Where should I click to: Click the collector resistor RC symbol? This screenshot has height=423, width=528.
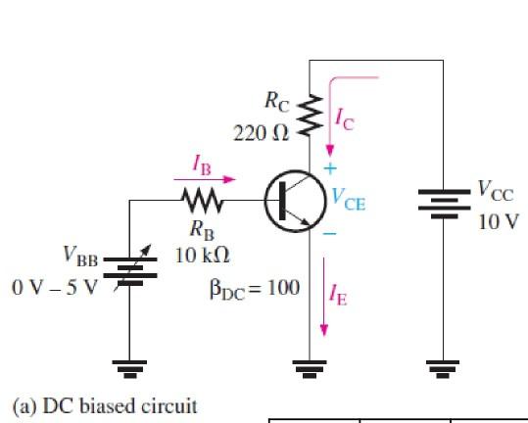pyautogui.click(x=310, y=117)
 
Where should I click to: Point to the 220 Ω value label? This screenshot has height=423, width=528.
pyautogui.click(x=261, y=133)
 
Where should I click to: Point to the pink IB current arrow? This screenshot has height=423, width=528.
pyautogui.click(x=207, y=179)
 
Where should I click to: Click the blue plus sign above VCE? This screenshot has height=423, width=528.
pyautogui.click(x=330, y=167)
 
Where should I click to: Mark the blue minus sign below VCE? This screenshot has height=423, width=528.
pyautogui.click(x=330, y=235)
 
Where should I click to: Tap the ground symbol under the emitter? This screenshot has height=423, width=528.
pyautogui.click(x=310, y=367)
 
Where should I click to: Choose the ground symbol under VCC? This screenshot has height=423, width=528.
pyautogui.click(x=443, y=367)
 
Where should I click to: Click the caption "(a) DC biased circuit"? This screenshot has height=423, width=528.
pyautogui.click(x=104, y=404)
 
